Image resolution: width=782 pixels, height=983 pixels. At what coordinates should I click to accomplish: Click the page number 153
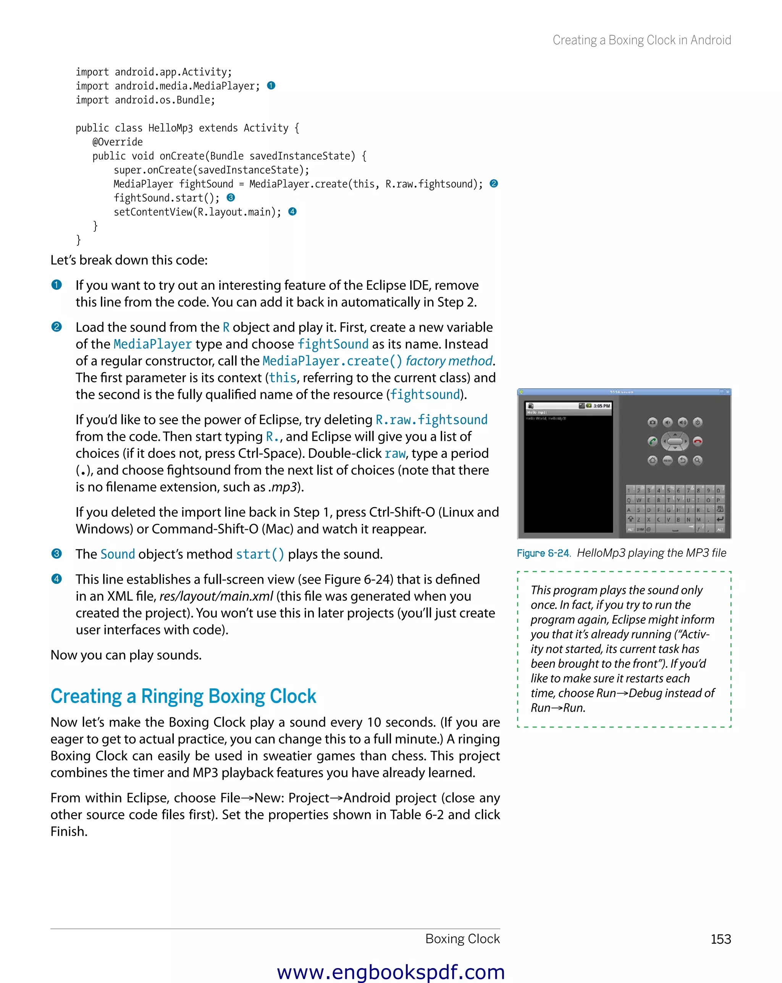point(721,939)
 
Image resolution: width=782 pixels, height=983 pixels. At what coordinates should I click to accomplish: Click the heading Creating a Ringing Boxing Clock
point(183,696)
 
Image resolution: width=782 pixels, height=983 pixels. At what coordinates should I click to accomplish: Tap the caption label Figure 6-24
point(543,553)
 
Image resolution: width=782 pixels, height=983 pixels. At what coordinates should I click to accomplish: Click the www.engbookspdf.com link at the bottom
point(391,972)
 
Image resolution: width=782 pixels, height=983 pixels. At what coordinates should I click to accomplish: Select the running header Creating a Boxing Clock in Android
point(641,40)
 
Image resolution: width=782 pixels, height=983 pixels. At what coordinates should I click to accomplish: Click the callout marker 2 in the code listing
point(493,184)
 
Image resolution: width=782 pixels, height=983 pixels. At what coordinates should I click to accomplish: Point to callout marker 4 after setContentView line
point(292,211)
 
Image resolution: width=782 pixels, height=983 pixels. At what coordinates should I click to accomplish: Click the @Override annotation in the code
point(117,142)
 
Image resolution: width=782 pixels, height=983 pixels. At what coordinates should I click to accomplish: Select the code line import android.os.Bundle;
point(145,100)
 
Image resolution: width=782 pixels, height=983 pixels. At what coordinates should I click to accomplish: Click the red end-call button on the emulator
point(697,441)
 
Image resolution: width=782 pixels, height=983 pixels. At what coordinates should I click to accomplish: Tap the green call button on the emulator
point(653,441)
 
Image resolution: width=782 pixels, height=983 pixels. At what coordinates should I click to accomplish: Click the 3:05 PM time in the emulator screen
point(601,406)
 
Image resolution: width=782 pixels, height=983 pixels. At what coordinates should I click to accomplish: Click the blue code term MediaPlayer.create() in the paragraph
point(332,361)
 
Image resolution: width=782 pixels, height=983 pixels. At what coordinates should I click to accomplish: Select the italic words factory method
point(449,361)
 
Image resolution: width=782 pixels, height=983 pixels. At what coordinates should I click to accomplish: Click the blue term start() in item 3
point(260,554)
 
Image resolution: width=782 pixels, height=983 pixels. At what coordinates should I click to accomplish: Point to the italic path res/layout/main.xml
point(216,596)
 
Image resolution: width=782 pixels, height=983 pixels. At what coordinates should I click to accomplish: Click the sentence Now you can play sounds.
point(126,655)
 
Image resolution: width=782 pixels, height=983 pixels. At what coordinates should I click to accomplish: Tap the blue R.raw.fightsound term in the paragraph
point(431,419)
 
